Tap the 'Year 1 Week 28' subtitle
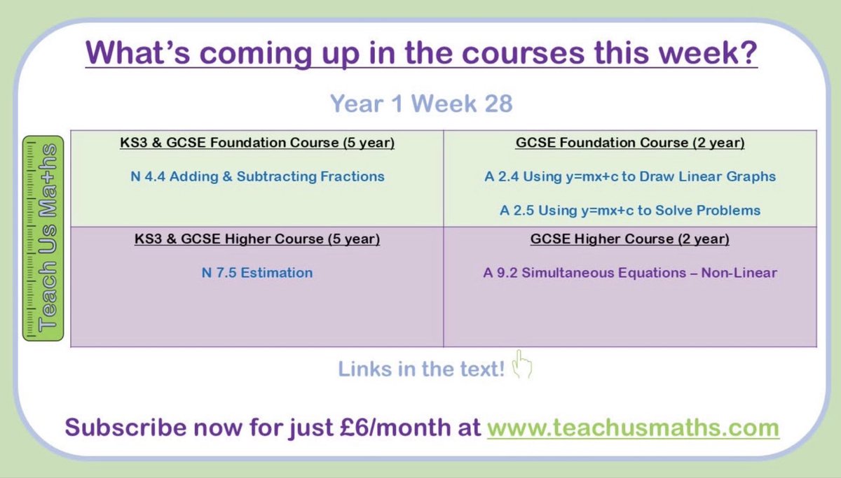(x=421, y=104)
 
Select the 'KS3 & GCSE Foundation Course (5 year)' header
(x=257, y=143)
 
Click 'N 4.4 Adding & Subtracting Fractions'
(x=257, y=176)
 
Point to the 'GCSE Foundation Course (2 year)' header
(x=629, y=143)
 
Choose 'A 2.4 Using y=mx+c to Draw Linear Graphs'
(x=629, y=176)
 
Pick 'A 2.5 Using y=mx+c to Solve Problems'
(x=629, y=211)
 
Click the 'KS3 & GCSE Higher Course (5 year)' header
(x=257, y=239)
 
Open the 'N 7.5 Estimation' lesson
(x=257, y=272)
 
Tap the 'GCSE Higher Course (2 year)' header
(x=629, y=239)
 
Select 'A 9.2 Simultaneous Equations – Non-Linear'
(x=629, y=272)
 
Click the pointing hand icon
(x=523, y=366)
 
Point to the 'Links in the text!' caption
(x=421, y=369)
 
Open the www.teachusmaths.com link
(x=633, y=427)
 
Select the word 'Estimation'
(x=276, y=272)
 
